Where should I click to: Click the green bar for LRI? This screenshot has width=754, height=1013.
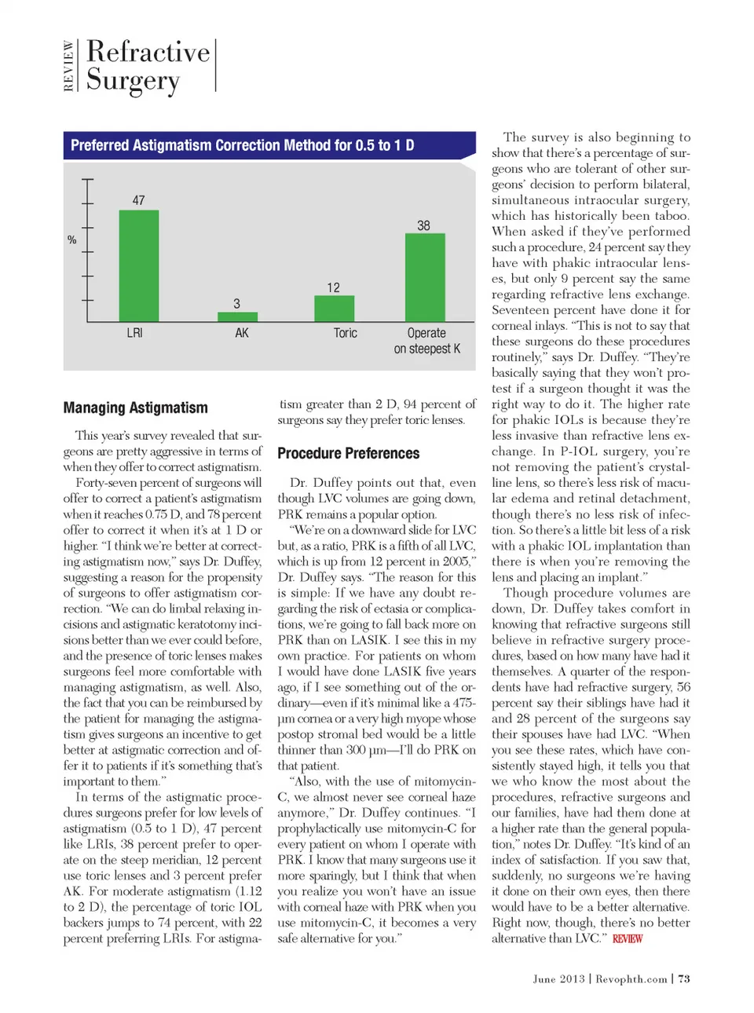138,265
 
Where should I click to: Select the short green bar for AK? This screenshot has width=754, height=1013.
237,316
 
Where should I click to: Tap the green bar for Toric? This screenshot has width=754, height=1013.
334,309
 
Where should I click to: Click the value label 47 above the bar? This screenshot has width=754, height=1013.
138,200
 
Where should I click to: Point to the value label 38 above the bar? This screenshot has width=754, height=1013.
423,225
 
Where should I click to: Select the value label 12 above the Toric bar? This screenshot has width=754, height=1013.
334,287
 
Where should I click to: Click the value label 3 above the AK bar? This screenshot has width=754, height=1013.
237,304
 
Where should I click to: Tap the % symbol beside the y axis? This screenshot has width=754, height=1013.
72,240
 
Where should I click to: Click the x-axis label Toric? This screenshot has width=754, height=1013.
345,333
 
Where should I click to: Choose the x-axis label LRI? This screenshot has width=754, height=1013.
135,333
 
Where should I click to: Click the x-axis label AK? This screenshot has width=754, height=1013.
242,333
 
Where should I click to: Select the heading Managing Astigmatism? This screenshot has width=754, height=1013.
136,408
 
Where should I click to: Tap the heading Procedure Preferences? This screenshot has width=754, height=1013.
348,453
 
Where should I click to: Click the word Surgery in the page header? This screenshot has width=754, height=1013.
133,80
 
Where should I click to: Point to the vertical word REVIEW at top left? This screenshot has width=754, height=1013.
69,66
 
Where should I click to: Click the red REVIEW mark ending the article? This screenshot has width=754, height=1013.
628,938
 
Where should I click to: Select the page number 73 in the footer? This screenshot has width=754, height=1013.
684,978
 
